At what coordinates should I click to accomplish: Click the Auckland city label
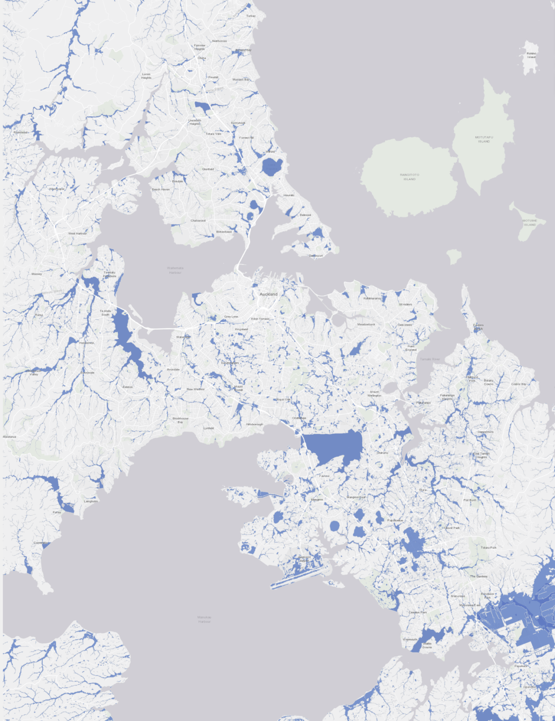268,294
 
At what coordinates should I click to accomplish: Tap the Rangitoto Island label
410,177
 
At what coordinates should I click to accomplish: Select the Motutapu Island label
484,139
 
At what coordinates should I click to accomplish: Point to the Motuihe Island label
530,222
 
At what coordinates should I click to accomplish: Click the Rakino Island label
531,55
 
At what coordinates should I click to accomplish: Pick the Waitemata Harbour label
175,270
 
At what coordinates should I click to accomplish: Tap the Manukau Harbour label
204,619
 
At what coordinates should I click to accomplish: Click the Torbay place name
251,16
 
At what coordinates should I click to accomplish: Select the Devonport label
316,256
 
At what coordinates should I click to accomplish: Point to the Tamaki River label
430,359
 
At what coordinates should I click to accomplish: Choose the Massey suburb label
37,274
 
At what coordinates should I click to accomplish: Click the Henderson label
87,343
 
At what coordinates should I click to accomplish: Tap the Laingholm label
91,501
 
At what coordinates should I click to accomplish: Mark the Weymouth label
410,639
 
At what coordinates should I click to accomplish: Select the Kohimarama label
372,299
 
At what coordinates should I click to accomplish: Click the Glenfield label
208,169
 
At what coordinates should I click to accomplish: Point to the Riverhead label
21,132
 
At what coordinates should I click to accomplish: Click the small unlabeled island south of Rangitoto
453,256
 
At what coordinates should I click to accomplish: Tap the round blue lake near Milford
272,167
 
